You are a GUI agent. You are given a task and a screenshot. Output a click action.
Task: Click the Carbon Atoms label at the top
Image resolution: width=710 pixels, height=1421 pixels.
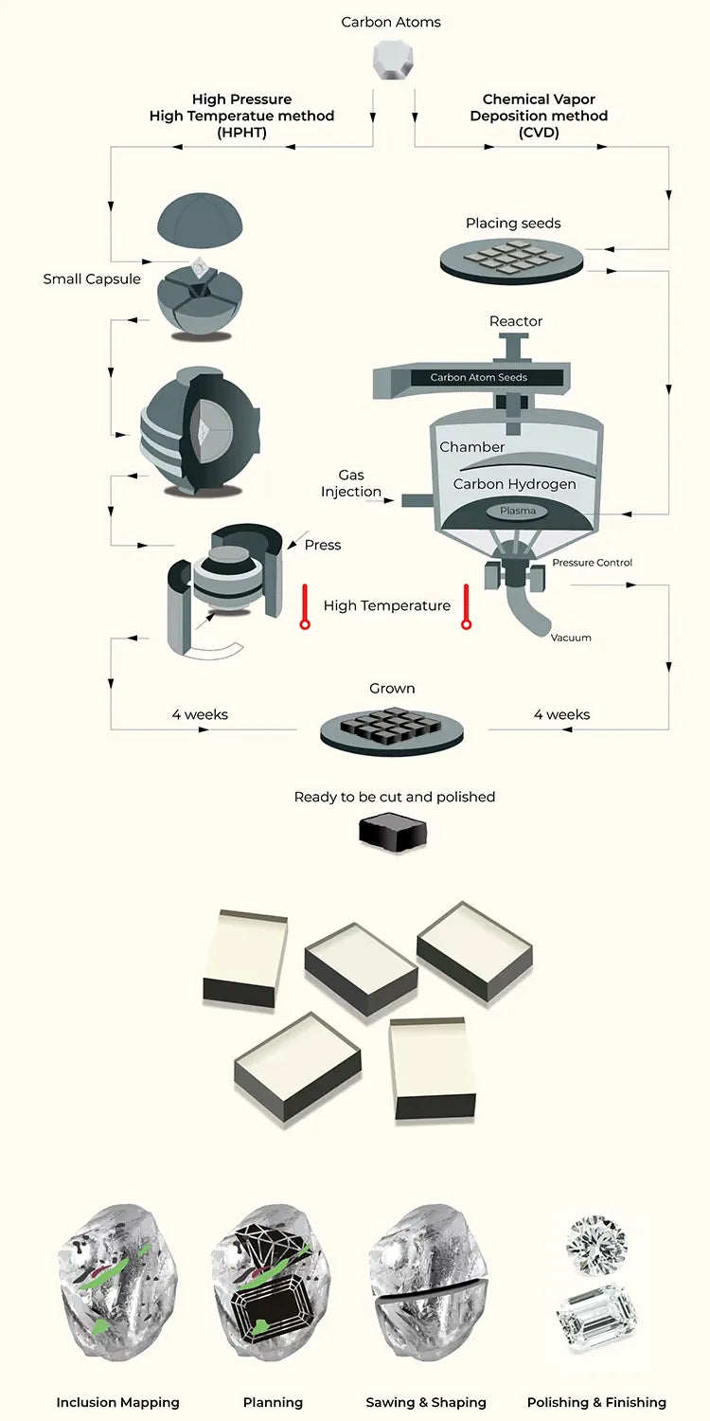click(391, 22)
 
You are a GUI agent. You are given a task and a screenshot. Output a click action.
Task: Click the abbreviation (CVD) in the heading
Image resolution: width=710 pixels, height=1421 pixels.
click(539, 133)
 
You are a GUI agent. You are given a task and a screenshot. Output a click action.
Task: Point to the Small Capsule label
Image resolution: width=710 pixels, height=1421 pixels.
click(92, 279)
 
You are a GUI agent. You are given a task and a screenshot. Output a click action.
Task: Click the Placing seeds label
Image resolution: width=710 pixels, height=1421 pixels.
click(513, 224)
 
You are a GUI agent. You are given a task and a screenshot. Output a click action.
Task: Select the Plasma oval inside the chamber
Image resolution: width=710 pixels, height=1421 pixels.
click(518, 511)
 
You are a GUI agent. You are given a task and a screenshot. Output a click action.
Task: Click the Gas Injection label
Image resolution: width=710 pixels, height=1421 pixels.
click(350, 483)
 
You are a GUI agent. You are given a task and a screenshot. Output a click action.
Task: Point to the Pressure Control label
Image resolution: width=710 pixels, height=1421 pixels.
click(593, 563)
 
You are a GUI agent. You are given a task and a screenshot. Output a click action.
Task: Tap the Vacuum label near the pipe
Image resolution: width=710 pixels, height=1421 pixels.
click(571, 638)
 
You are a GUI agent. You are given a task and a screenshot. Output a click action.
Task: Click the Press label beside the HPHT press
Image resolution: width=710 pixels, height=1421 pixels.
click(323, 545)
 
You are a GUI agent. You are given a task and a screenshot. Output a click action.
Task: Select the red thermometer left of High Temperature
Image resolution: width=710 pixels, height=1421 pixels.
click(304, 607)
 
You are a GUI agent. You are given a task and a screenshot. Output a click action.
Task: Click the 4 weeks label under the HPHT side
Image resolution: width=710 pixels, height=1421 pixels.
click(200, 714)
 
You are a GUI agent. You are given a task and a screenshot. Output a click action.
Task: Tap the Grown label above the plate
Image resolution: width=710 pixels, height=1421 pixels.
click(392, 689)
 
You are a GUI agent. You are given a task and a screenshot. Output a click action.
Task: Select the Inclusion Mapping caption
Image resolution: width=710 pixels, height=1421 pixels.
click(117, 1402)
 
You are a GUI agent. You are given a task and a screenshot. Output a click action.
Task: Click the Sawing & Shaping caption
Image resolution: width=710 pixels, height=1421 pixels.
click(426, 1402)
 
